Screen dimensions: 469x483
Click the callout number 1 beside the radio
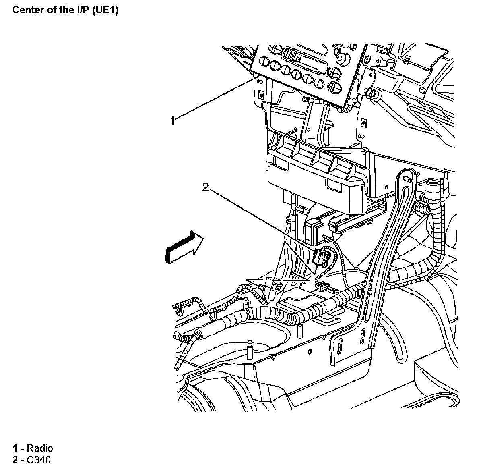173,120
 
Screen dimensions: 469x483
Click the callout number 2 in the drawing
206,187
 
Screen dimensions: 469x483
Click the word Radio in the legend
39,448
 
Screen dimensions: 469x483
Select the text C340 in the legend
39,460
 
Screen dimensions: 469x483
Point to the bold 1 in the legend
15,448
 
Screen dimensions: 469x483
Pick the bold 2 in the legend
15,460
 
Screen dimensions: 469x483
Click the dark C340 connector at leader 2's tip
320,257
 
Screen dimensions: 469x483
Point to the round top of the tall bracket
406,176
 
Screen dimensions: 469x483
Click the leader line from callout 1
213,99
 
